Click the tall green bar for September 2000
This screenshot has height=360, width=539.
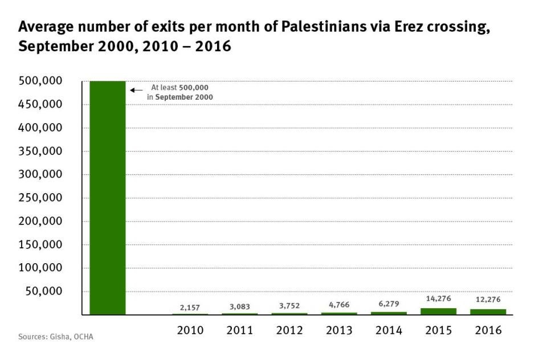click(x=108, y=197)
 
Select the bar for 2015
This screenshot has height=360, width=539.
click(x=438, y=311)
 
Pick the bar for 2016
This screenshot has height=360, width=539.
click(x=488, y=312)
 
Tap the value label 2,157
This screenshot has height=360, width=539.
click(x=190, y=308)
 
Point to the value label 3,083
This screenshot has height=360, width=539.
click(x=239, y=306)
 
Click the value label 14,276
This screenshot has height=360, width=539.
click(x=438, y=298)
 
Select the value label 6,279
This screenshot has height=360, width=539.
click(x=389, y=305)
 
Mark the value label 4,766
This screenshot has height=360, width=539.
click(x=339, y=305)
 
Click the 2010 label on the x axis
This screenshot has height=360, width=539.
click(x=190, y=330)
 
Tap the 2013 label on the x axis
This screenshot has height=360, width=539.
click(x=339, y=330)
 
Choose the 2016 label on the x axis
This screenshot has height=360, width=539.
click(x=488, y=330)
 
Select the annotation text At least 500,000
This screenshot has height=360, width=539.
click(x=179, y=88)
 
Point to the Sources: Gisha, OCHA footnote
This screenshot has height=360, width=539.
click(x=55, y=337)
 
